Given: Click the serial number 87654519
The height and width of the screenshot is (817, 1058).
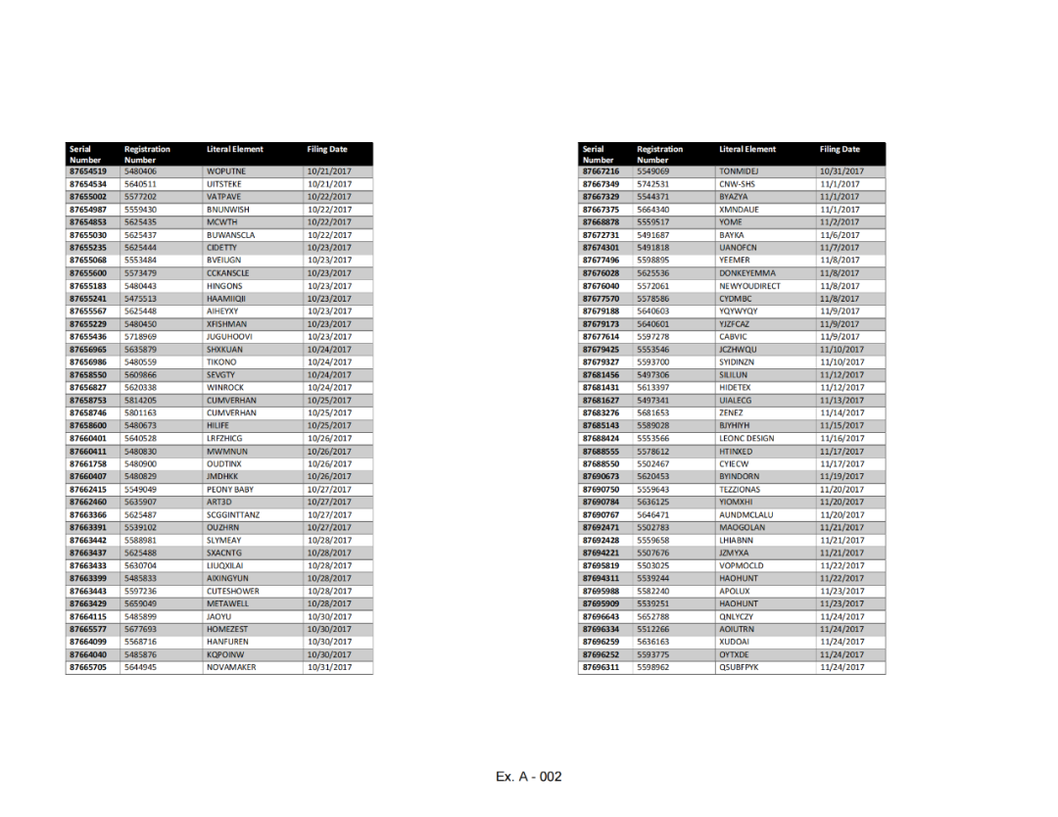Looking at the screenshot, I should pos(87,171).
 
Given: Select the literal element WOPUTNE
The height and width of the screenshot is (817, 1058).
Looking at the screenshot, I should pos(226,171).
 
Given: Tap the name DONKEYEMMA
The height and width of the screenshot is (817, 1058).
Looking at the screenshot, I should pos(746,273).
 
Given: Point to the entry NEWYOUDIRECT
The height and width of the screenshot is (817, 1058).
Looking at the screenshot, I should pos(749,286).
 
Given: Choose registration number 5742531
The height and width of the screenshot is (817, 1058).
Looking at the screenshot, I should pos(653,184).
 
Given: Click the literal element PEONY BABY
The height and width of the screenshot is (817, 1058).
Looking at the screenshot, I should pos(230,489).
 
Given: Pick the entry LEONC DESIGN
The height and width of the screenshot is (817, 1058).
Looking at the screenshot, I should pos(746,438).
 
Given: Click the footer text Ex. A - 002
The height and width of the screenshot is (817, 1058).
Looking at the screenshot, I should pos(529,777).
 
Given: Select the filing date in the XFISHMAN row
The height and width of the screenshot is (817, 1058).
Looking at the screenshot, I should pos(328,324).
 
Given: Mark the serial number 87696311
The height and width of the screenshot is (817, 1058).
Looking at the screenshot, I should pos(601,667).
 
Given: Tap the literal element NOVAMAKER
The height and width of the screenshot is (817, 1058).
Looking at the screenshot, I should pos(231,667).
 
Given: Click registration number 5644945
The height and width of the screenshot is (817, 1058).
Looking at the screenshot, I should pos(140,667).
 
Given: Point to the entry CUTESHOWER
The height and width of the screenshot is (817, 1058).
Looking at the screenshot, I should pos(233,591).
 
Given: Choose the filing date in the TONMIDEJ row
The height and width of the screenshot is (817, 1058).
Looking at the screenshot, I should pos(842,171).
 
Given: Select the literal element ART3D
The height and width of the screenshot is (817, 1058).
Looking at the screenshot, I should pos(219,502).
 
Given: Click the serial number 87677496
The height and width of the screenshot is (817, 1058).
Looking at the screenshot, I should pos(601,261).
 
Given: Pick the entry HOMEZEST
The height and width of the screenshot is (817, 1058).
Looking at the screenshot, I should pos(227,629).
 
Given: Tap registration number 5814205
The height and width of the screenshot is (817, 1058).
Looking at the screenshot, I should pos(140,401).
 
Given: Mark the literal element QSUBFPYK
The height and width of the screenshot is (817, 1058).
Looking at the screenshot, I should pos(739,667).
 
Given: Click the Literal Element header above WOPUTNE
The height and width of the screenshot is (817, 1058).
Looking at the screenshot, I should pos(235,150).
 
